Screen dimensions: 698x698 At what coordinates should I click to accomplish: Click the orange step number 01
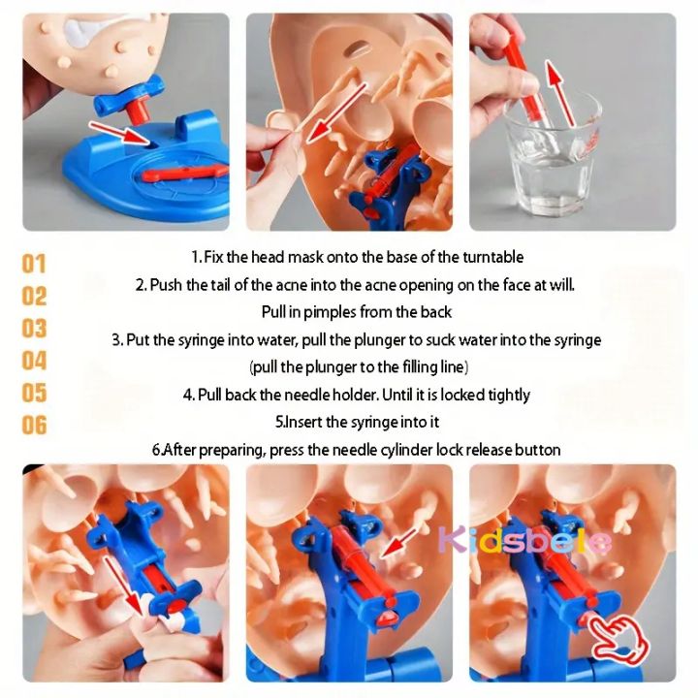tap(34, 264)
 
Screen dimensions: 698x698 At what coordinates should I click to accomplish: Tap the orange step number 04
tap(34, 361)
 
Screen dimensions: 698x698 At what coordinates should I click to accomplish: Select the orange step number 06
tap(34, 425)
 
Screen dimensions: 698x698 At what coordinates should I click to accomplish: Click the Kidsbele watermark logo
tap(524, 540)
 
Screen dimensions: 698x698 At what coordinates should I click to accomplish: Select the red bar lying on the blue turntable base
tap(185, 173)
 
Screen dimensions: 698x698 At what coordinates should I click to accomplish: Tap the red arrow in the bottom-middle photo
tap(397, 542)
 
